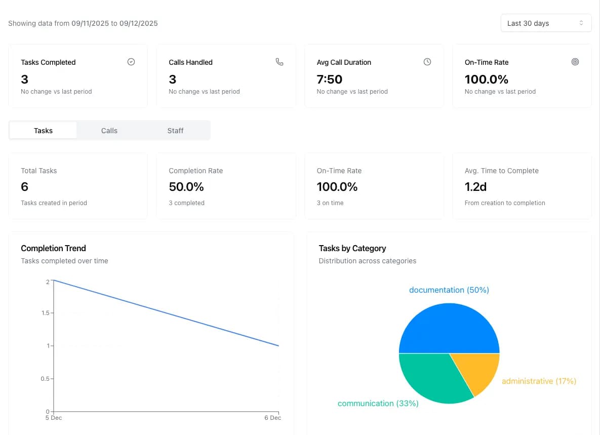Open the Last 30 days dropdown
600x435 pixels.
545,23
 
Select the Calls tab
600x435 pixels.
109,131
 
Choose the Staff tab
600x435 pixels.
175,131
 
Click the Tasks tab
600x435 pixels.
43,131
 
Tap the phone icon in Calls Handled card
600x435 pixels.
279,62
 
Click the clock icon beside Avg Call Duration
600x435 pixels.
427,62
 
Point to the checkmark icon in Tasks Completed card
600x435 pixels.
131,62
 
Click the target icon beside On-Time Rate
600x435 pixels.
575,62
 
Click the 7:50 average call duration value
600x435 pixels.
330,80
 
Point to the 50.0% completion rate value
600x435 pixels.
186,187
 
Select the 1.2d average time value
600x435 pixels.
475,187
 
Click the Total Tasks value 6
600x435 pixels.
25,187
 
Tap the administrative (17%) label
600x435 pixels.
539,381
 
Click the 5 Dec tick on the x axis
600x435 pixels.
54,418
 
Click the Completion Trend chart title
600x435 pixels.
53,248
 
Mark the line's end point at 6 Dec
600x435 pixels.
278,346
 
